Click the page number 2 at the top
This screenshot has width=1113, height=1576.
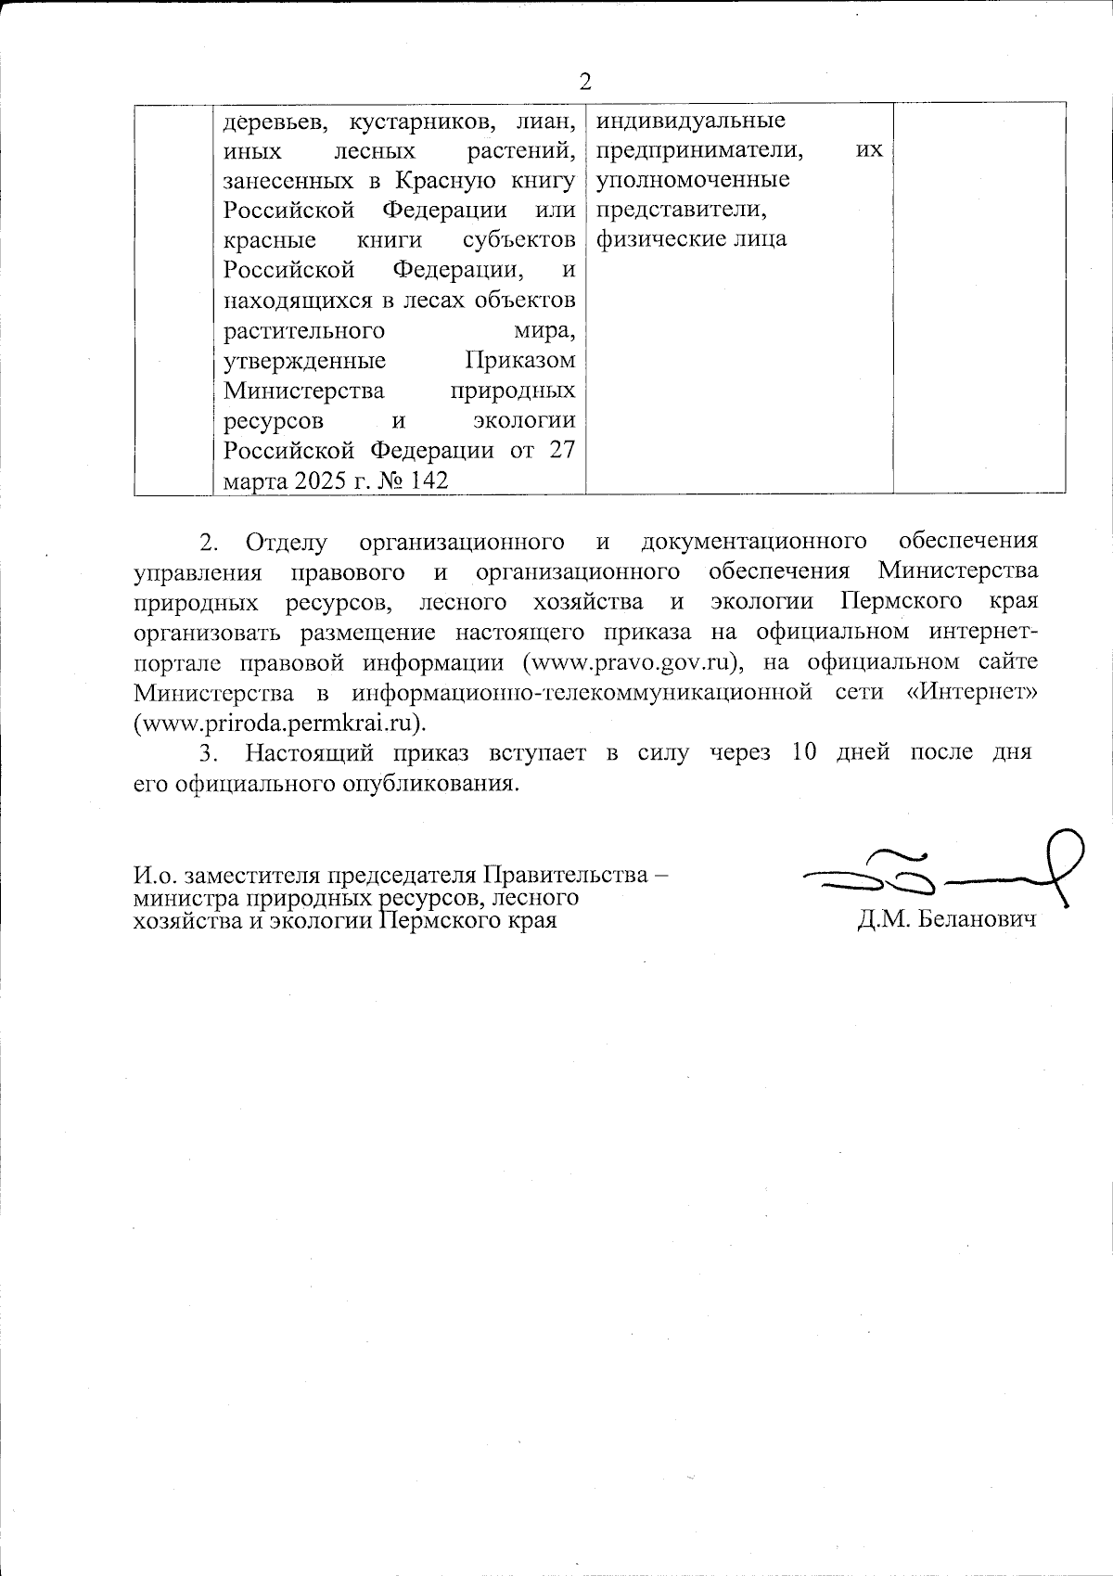pos(585,83)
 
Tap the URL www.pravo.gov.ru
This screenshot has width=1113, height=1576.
pos(633,662)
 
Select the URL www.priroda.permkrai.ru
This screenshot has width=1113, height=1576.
pos(280,722)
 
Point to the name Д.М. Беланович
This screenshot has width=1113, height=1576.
pos(946,921)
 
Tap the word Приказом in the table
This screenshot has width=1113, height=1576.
pos(519,360)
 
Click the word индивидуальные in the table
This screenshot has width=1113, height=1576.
pos(690,120)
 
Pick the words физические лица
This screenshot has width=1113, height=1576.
pos(691,239)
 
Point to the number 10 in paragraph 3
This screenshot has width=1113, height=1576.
pos(804,752)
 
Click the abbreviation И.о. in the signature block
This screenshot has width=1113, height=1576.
pos(155,875)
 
